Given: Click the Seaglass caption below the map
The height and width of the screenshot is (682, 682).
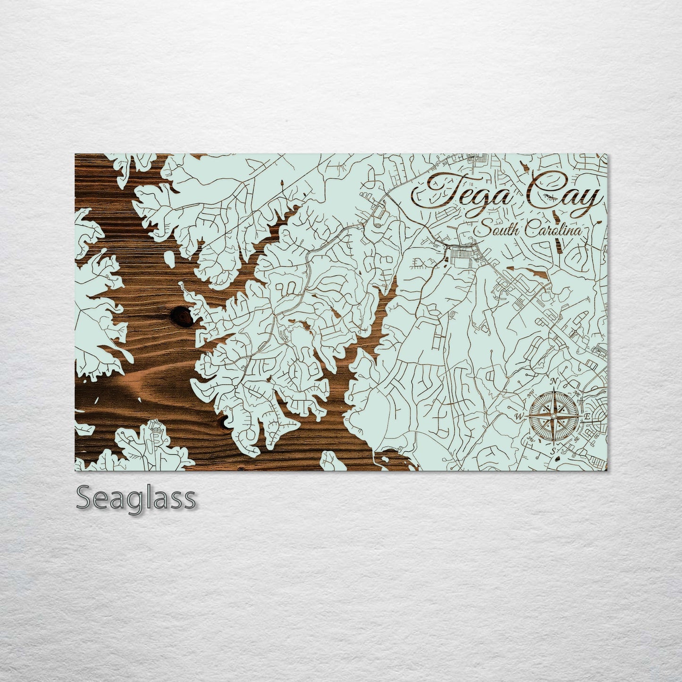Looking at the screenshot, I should click(x=136, y=497).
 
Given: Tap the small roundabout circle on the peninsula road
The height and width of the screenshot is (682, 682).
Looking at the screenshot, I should click(x=235, y=387).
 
